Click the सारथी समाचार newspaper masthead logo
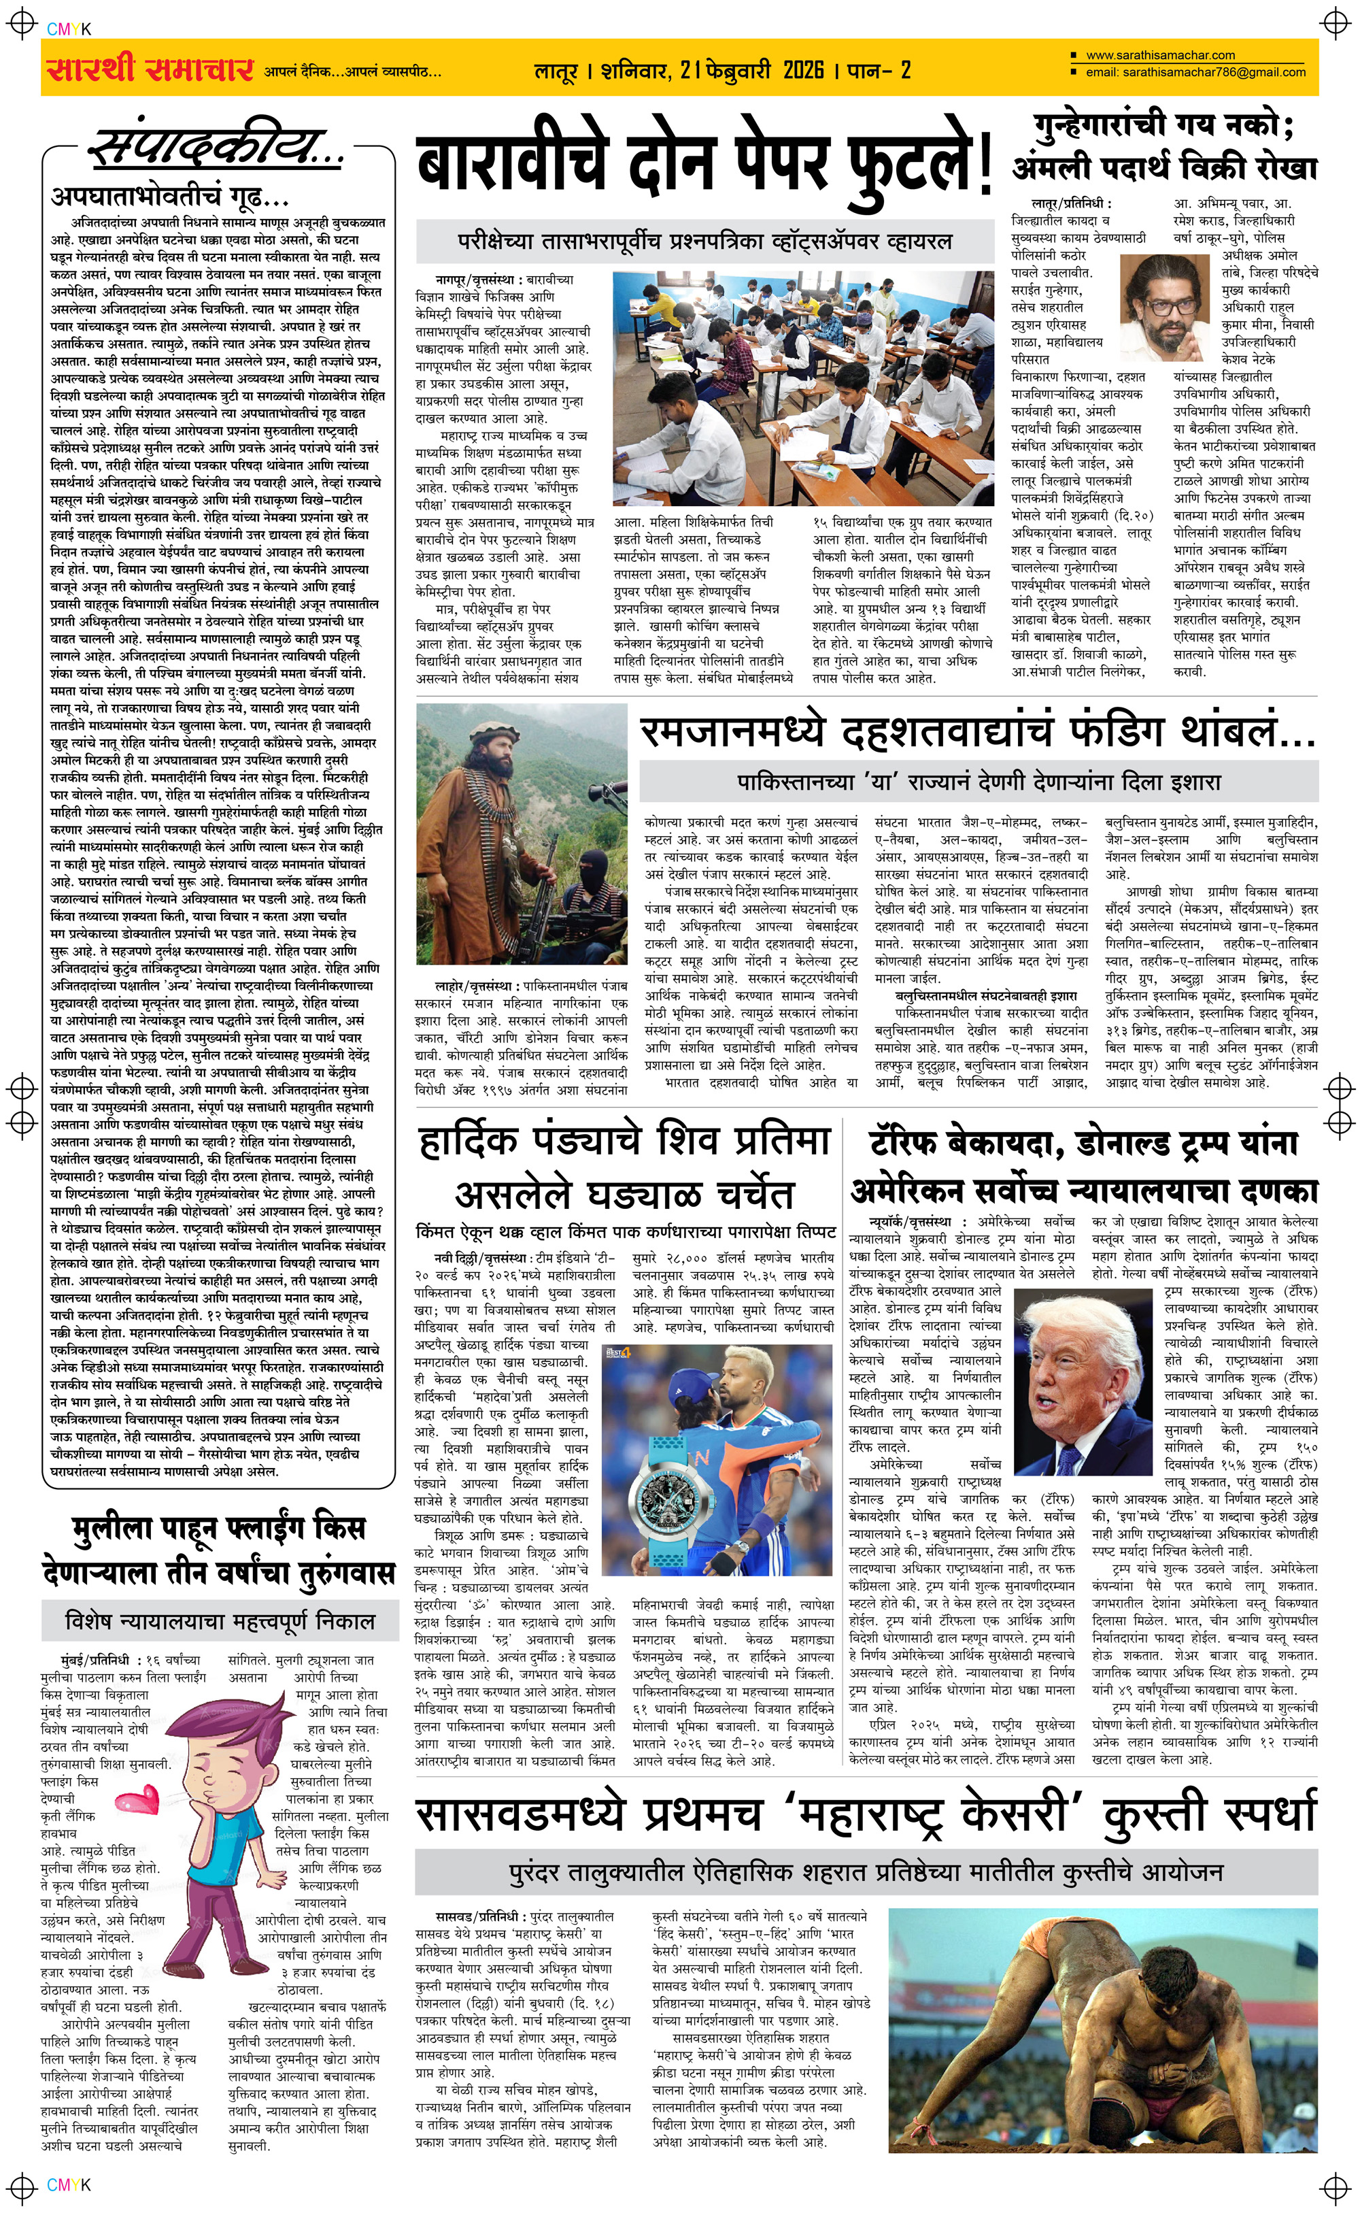pyautogui.click(x=148, y=68)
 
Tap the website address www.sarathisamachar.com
pyautogui.click(x=1159, y=55)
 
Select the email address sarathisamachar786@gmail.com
pyautogui.click(x=1195, y=72)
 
